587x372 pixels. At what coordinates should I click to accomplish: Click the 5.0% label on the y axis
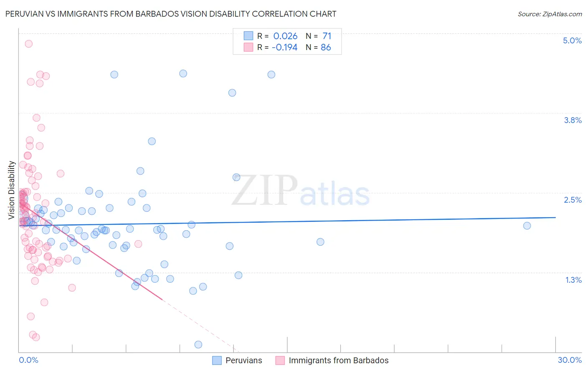[572, 40]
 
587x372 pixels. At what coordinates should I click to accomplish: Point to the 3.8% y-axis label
[572, 120]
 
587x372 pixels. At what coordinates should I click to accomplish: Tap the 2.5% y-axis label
[572, 200]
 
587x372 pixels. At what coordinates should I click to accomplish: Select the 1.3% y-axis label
[573, 280]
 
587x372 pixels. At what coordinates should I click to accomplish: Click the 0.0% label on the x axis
[28, 360]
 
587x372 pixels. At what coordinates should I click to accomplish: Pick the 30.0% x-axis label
[569, 360]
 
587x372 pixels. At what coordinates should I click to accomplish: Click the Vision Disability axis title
[12, 190]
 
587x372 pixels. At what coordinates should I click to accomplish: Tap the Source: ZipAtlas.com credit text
[549, 14]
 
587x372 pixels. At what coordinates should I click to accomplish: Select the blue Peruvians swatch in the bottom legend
[217, 360]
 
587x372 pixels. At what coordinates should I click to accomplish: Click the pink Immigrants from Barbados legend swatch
[280, 360]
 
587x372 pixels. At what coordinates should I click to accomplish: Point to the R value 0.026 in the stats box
[285, 36]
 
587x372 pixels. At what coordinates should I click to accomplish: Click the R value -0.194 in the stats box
[284, 47]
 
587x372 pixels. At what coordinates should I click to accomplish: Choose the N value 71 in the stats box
[327, 36]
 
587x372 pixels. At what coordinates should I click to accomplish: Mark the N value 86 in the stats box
[326, 47]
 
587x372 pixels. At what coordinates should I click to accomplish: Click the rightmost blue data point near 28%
[527, 226]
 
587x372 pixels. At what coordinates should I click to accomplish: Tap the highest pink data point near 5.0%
[28, 43]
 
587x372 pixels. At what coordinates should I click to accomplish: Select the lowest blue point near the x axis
[198, 344]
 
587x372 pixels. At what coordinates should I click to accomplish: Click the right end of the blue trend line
[555, 217]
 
